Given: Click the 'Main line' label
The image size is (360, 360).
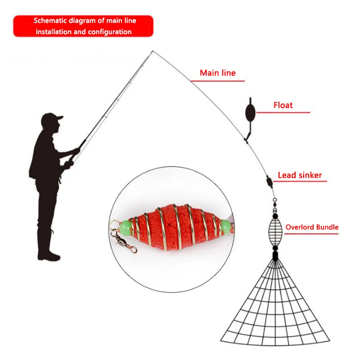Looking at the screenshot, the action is pyautogui.click(x=217, y=72).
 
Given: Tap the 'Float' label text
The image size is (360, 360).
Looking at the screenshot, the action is pyautogui.click(x=283, y=105).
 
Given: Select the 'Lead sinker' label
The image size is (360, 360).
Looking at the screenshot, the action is pyautogui.click(x=300, y=175).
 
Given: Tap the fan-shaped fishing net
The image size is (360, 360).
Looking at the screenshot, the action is pyautogui.click(x=275, y=310).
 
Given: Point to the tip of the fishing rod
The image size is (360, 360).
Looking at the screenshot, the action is pyautogui.click(x=152, y=51).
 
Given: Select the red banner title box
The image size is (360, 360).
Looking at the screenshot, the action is pyautogui.click(x=83, y=26).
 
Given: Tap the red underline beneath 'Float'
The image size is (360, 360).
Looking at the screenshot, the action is pyautogui.click(x=288, y=112).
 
